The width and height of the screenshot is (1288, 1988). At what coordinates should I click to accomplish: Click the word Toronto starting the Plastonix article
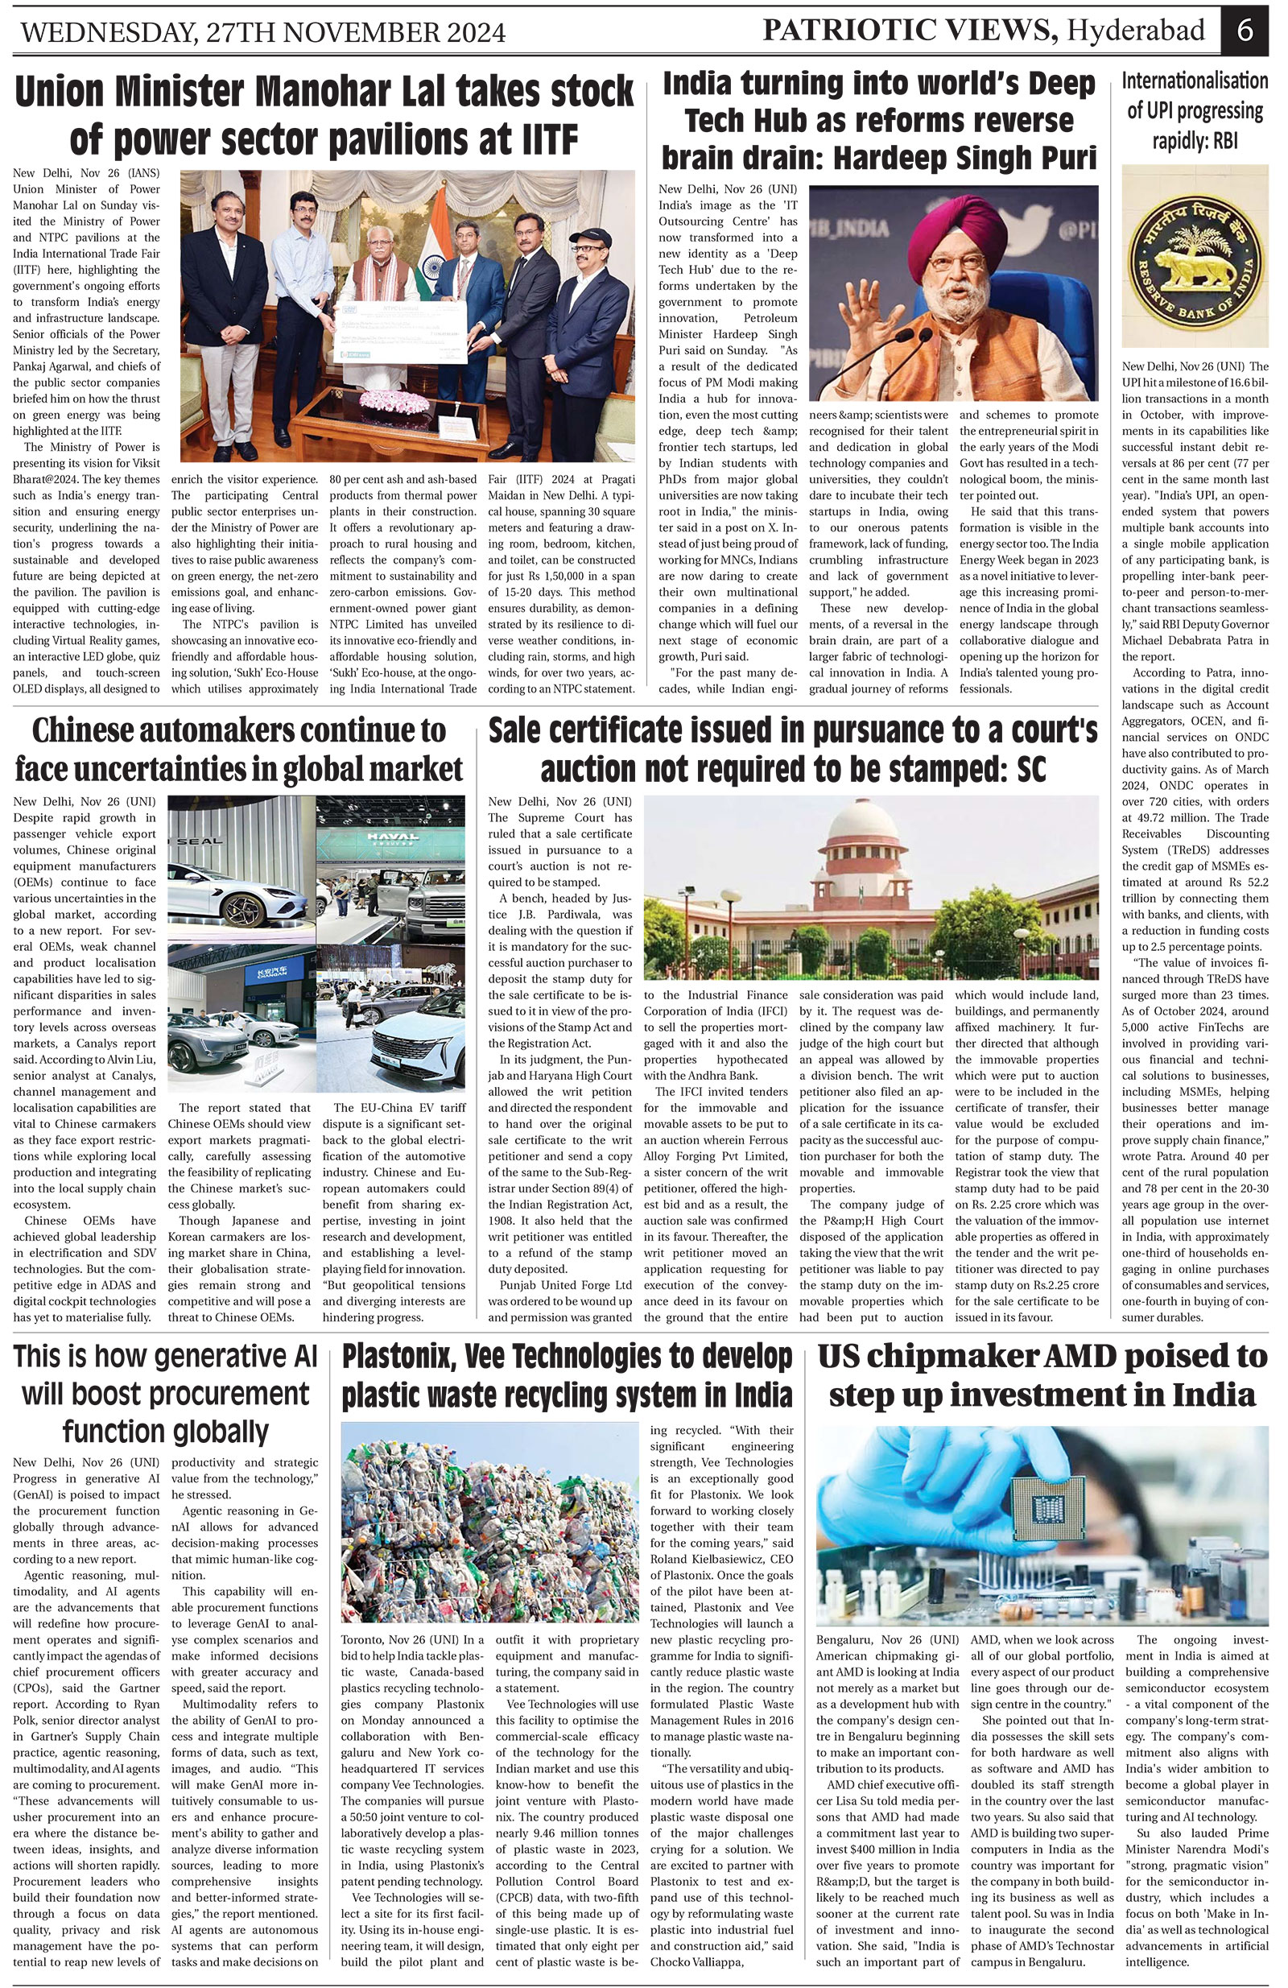[361, 1639]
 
